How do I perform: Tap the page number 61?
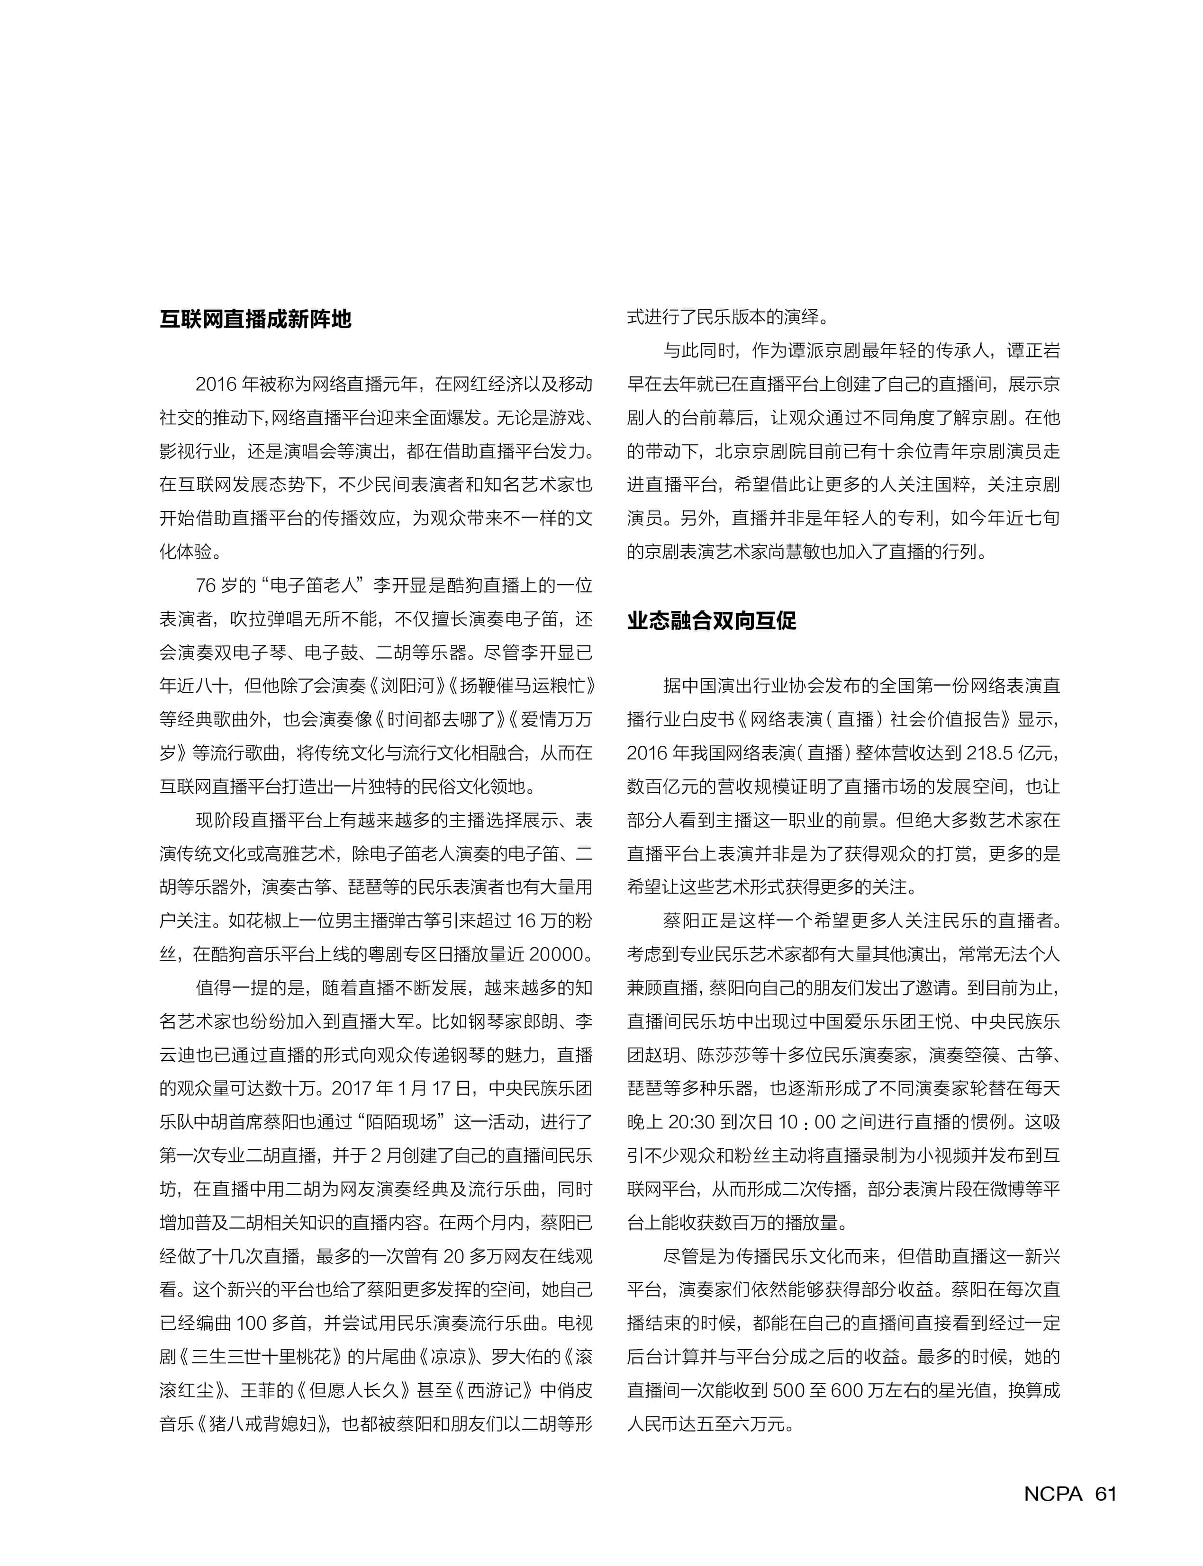point(1105,1494)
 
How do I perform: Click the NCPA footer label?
point(1053,1494)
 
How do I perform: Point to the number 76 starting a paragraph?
point(206,585)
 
